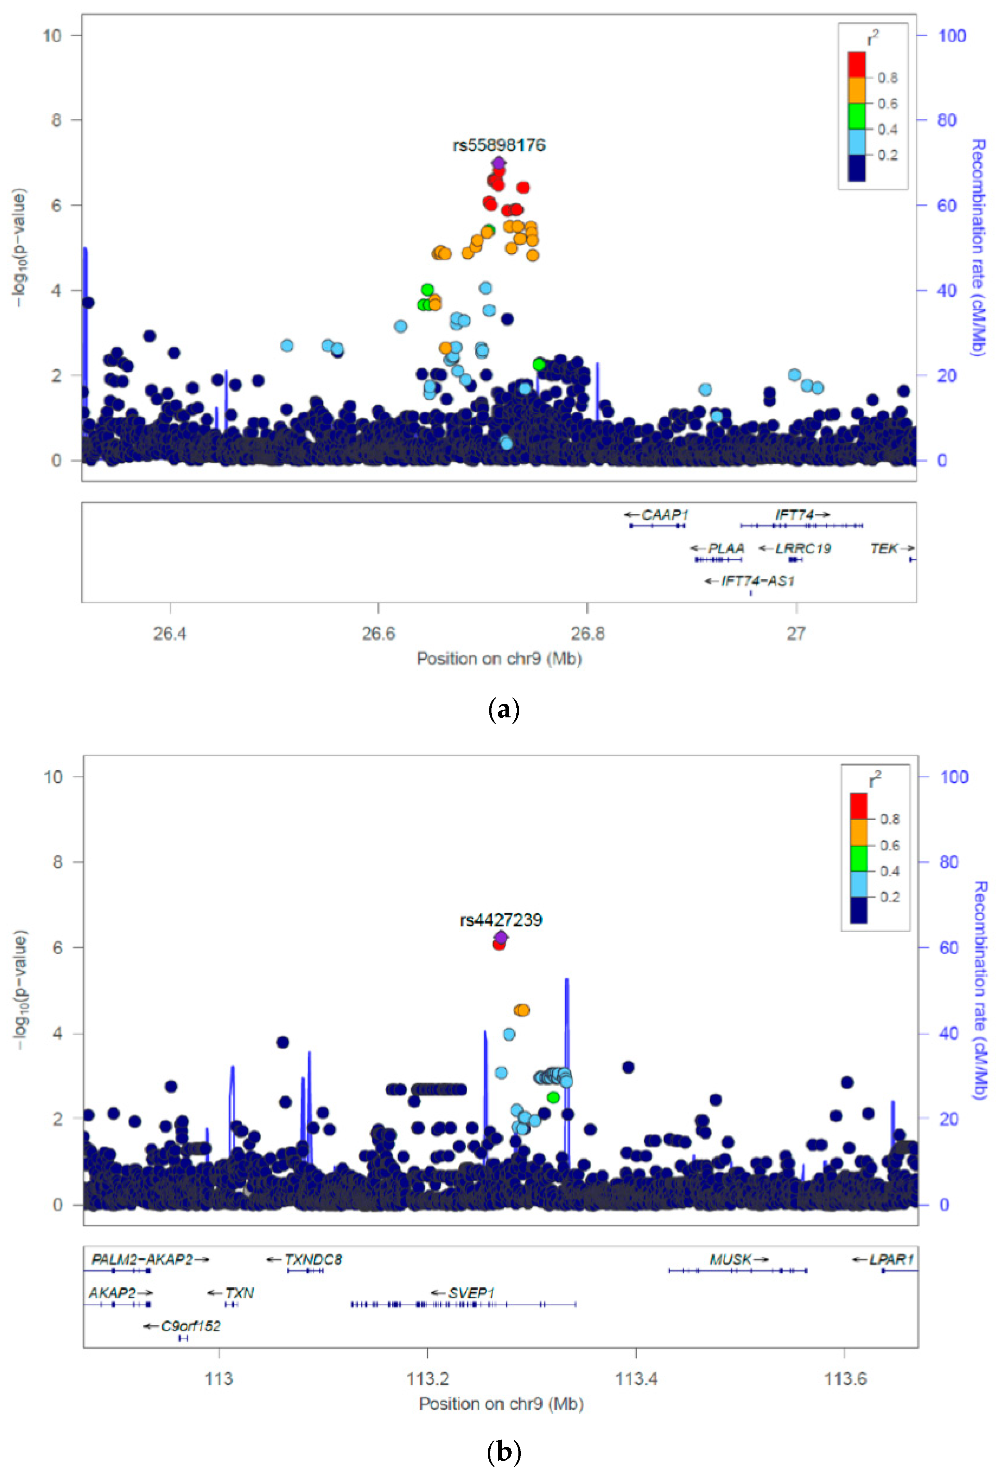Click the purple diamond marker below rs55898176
[499, 163]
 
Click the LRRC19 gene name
[803, 548]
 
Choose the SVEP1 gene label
[471, 1293]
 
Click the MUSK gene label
[730, 1259]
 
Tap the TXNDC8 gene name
[313, 1259]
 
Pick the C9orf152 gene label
[190, 1326]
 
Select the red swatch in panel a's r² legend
[857, 65]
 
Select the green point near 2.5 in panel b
[553, 1097]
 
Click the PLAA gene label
[725, 548]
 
